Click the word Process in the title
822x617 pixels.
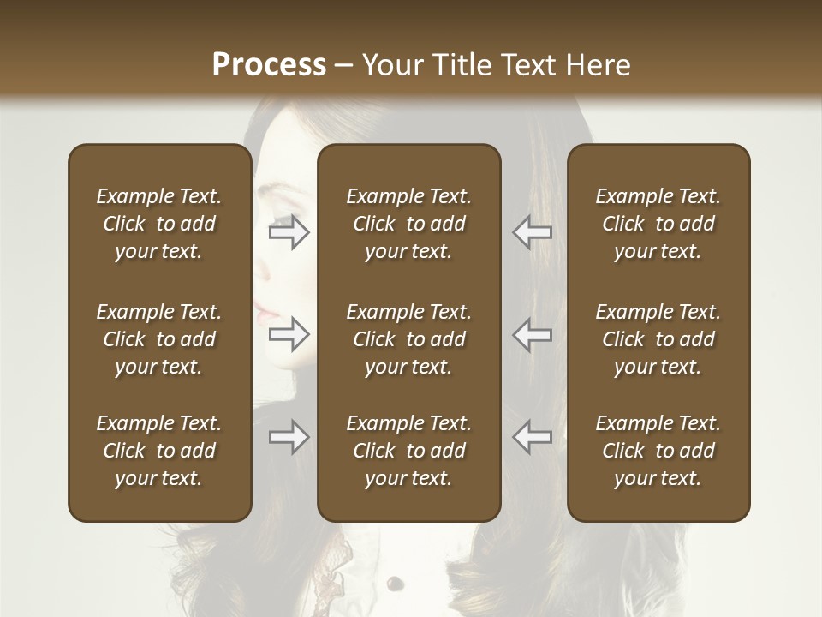point(269,65)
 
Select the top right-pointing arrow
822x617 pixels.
point(289,232)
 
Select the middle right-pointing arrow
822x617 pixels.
point(289,334)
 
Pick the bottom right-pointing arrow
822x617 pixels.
point(289,437)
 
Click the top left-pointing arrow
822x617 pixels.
point(533,232)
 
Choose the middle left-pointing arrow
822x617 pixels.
point(533,334)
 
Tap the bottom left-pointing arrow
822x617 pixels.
point(533,437)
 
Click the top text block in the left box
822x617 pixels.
point(159,224)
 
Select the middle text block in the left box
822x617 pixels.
point(159,339)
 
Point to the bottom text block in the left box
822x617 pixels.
point(159,451)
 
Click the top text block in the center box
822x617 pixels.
point(409,224)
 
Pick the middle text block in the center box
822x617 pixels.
point(409,339)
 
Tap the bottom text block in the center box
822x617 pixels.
point(409,451)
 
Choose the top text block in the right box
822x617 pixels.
point(658,224)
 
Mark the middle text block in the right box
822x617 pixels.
point(658,339)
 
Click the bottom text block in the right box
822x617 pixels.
point(658,451)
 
